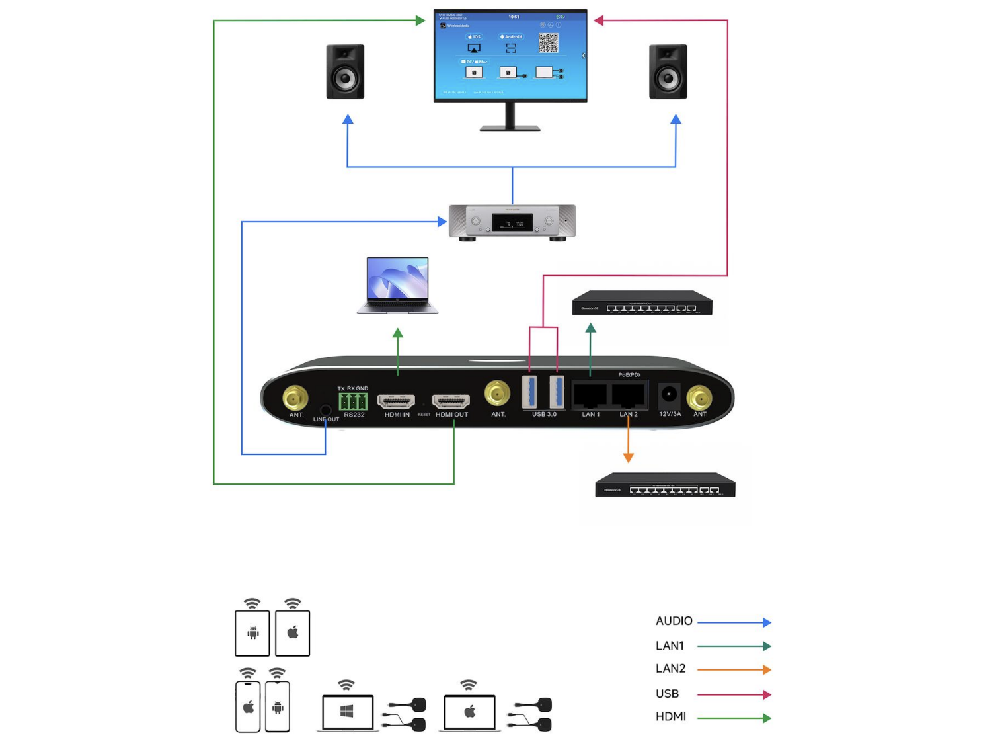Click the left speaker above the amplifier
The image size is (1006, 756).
345,71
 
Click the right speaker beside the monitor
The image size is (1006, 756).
668,71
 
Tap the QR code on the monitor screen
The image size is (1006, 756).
548,43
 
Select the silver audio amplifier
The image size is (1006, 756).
512,222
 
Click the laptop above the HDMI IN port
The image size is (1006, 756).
397,285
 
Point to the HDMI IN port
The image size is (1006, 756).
396,401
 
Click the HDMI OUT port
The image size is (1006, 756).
451,401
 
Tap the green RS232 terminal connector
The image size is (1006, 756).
353,401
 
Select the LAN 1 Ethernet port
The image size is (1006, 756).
590,396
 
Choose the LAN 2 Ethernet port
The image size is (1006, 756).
628,396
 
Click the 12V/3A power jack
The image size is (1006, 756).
669,396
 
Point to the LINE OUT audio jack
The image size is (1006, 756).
325,411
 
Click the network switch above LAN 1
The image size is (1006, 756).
642,303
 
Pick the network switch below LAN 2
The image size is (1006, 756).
665,485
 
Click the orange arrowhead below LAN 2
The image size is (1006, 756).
629,457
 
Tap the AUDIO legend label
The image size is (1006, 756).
674,621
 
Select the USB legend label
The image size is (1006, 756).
667,694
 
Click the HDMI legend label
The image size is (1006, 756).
670,717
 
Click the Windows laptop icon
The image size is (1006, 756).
348,712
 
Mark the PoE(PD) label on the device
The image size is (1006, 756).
629,375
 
